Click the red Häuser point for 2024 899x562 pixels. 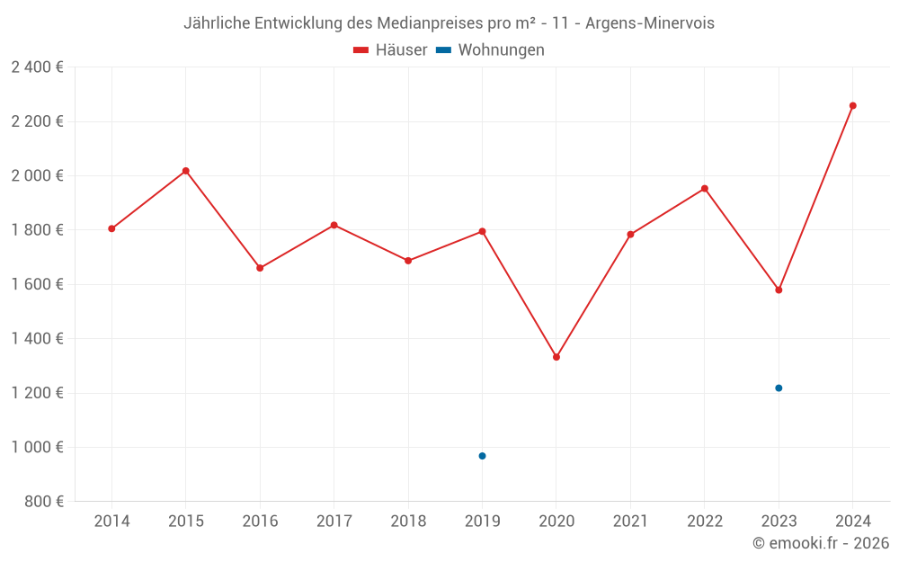852,106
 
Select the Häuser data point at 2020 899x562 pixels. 556,357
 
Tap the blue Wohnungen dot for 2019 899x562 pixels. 482,456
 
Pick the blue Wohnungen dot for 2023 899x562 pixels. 779,388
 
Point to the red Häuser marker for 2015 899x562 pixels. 185,171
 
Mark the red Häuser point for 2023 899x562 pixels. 779,290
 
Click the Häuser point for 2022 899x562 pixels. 705,189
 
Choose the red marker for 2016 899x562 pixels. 260,268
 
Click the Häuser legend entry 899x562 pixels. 390,50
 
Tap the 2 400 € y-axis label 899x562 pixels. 38,67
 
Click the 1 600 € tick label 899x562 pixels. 38,284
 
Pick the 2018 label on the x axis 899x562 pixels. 408,522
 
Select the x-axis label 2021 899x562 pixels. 630,522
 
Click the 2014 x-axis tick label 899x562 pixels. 111,522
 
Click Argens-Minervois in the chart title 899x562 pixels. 649,23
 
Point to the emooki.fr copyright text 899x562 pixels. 821,543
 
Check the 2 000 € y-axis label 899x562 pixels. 38,175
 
